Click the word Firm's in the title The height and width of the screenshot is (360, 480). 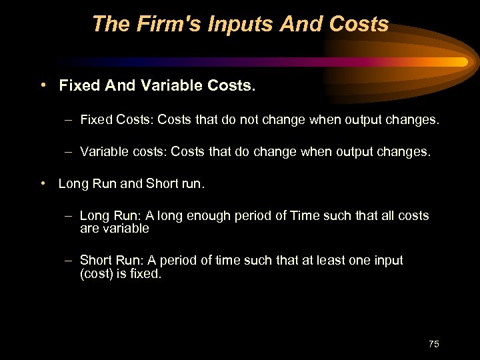(159, 25)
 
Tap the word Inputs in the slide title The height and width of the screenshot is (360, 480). (235, 25)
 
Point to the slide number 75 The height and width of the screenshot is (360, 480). (434, 344)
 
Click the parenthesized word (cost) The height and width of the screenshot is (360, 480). (98, 273)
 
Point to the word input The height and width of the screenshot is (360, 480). (386, 260)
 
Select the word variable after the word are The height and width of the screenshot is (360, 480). (125, 229)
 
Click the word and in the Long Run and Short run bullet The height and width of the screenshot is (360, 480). (131, 183)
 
